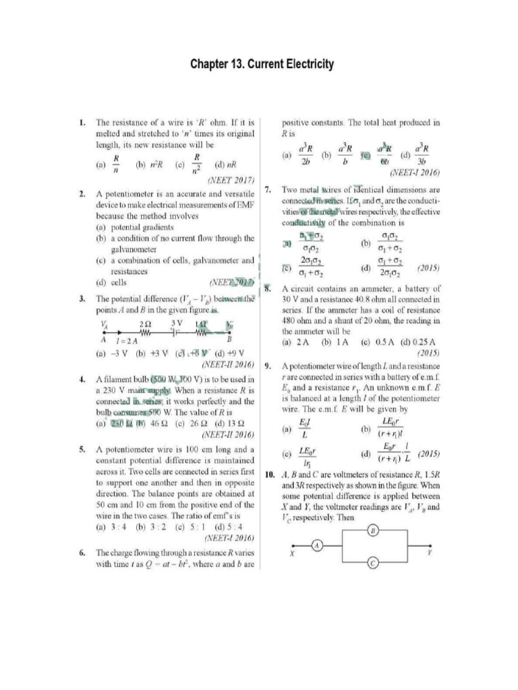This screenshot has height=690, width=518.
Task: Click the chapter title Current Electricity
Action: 262,65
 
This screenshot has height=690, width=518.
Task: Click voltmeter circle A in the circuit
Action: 321,544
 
